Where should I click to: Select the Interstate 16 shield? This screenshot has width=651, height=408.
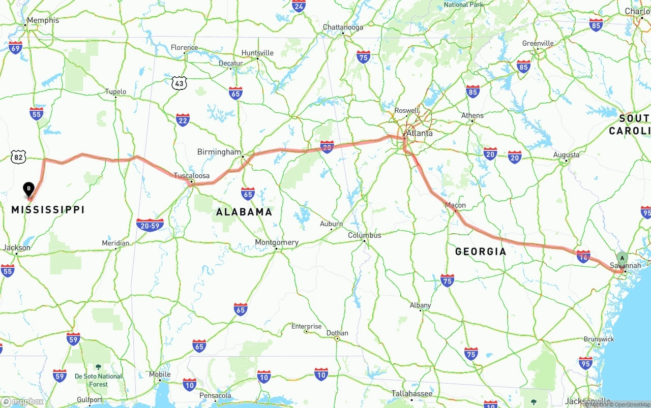click(583, 257)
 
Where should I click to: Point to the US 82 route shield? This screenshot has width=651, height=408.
click(19, 157)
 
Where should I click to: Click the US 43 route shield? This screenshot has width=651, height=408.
click(179, 83)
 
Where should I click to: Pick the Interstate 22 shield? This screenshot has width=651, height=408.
click(183, 120)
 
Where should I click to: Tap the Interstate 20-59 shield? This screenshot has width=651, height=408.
click(150, 225)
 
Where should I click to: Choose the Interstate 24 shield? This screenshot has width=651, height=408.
click(299, 6)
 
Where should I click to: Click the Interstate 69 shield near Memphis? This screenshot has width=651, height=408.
click(15, 48)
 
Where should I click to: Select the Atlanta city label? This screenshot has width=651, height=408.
click(420, 133)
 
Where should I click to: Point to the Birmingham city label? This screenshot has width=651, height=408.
click(219, 152)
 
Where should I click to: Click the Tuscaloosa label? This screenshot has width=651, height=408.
click(192, 175)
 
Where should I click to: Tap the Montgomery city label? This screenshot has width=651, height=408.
click(277, 242)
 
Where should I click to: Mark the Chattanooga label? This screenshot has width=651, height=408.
click(343, 27)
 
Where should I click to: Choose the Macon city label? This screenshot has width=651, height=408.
click(455, 205)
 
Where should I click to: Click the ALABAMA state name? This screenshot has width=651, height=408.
click(244, 212)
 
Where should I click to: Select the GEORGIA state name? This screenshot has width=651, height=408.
click(481, 251)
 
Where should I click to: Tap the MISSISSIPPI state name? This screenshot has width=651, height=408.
click(48, 209)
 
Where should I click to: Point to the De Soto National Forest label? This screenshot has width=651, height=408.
click(99, 380)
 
